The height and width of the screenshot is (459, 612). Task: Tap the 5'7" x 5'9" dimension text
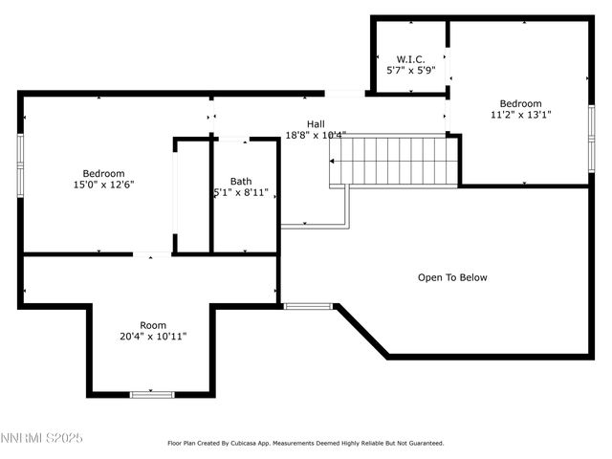pos(410,70)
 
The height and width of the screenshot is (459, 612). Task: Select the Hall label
pos(316,123)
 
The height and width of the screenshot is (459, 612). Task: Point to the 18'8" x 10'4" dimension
pos(316,135)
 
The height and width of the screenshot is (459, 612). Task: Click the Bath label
pos(241,181)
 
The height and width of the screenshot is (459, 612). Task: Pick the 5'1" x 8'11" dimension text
pos(241,192)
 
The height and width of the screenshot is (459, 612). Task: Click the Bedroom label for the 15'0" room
pos(103,173)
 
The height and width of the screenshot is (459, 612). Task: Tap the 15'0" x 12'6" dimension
pos(103,185)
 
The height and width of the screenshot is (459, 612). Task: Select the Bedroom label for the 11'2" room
pos(520,104)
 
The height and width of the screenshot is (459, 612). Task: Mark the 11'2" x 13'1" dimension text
pos(520,116)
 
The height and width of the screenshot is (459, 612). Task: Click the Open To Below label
pos(452,277)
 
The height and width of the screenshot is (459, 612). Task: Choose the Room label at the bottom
pos(153,325)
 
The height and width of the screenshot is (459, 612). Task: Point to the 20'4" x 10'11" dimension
pos(153,337)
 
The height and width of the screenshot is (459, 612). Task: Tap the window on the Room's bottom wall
pos(152,394)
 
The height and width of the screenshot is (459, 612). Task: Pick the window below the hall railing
pos(308,306)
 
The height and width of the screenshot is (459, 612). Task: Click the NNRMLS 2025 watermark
pos(43,438)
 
